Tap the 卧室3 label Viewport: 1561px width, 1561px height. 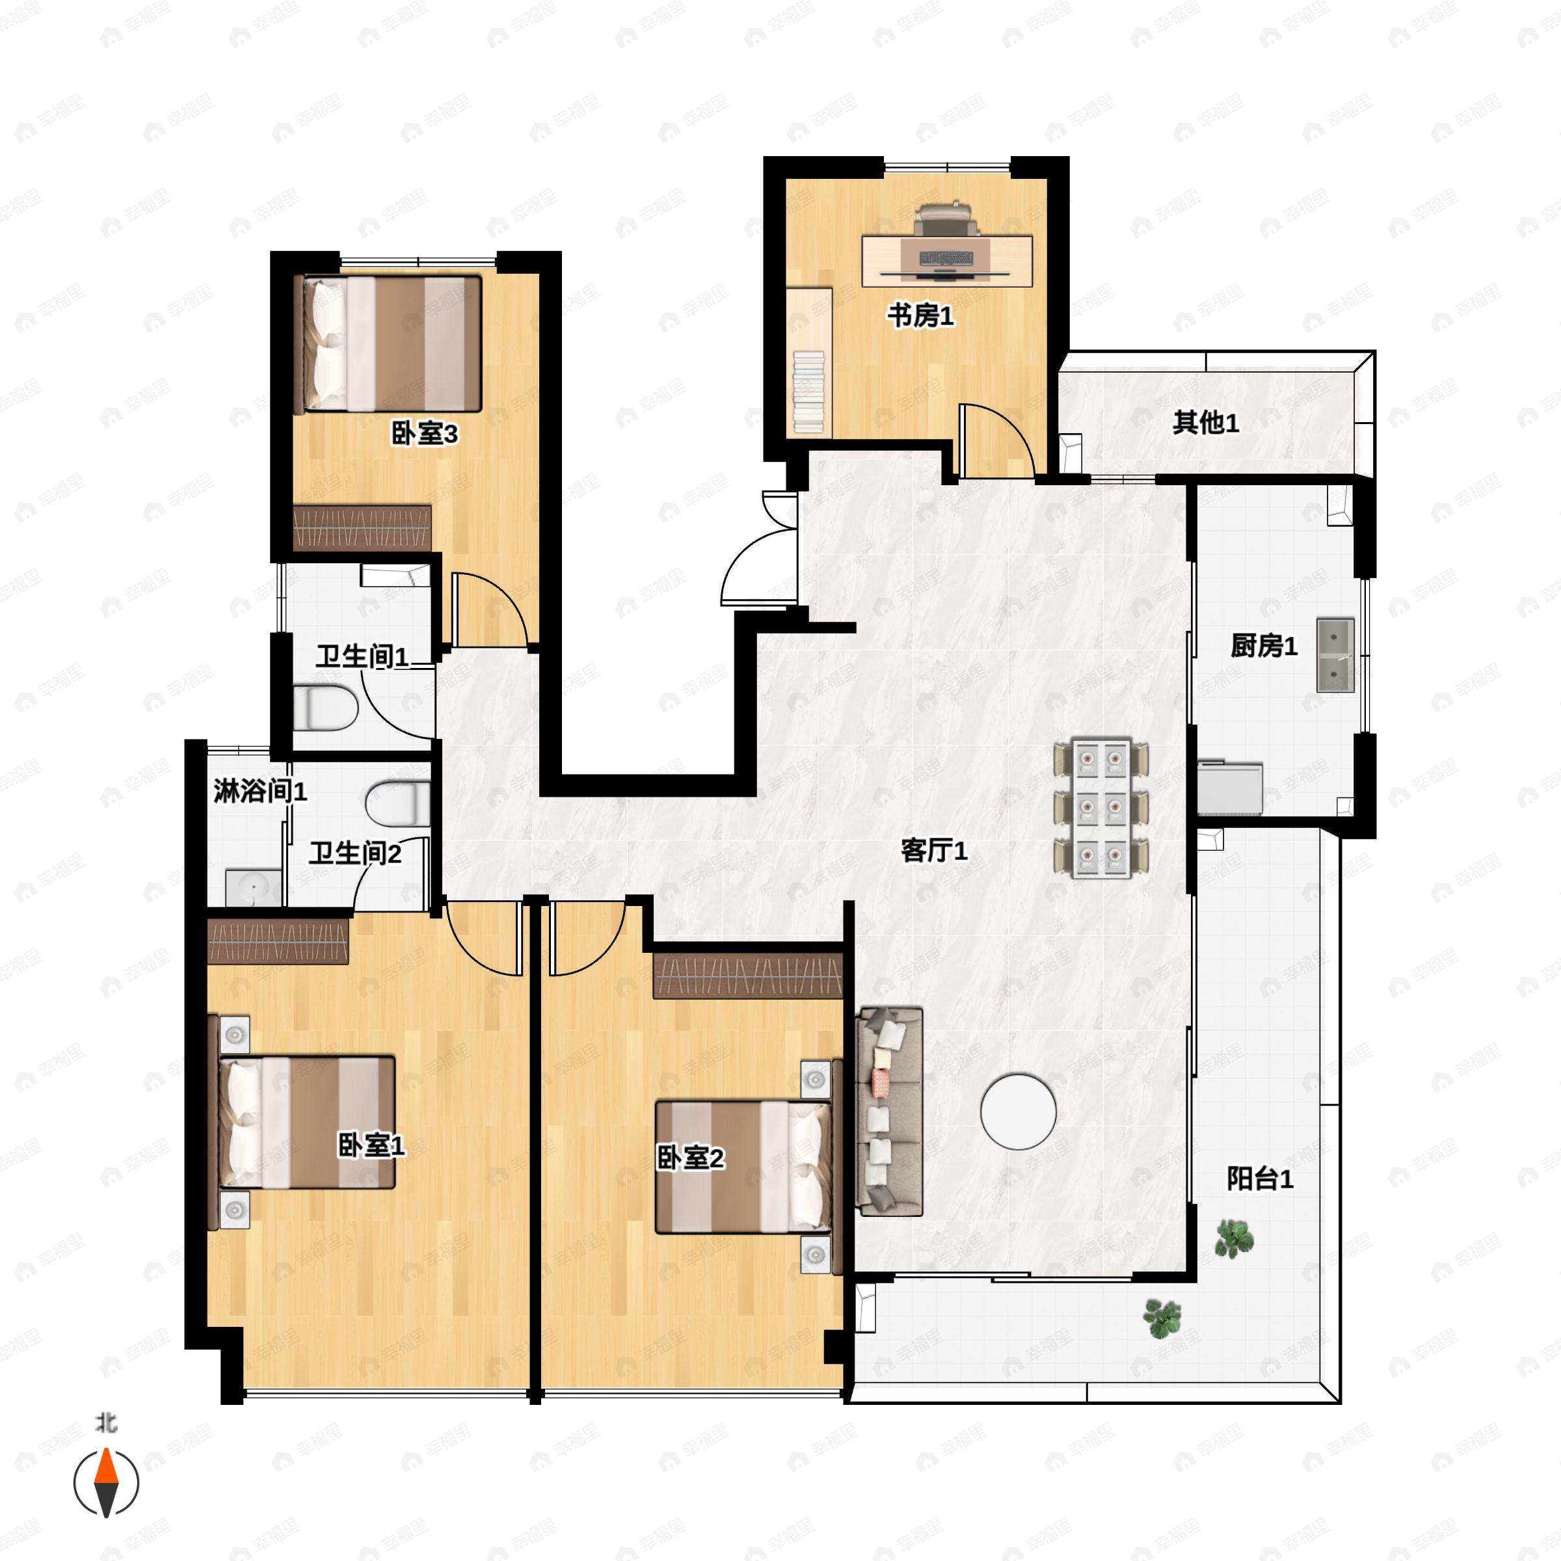click(424, 433)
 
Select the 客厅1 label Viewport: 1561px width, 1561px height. click(934, 850)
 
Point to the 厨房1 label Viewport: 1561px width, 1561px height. click(1264, 646)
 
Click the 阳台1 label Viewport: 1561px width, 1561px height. click(1260, 1178)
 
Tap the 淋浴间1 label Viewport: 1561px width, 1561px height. click(260, 790)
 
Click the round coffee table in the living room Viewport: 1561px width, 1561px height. click(1018, 1111)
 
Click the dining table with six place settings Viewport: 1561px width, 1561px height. click(1101, 808)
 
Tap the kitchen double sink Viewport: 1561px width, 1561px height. click(1335, 655)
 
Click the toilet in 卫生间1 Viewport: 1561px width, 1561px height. click(325, 708)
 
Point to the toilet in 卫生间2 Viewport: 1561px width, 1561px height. click(397, 804)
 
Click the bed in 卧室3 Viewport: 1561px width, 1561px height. click(391, 344)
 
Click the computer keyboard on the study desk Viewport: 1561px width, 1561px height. click(947, 259)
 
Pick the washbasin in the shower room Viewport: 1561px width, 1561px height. click(254, 887)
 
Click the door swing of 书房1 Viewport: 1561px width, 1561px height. click(997, 440)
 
